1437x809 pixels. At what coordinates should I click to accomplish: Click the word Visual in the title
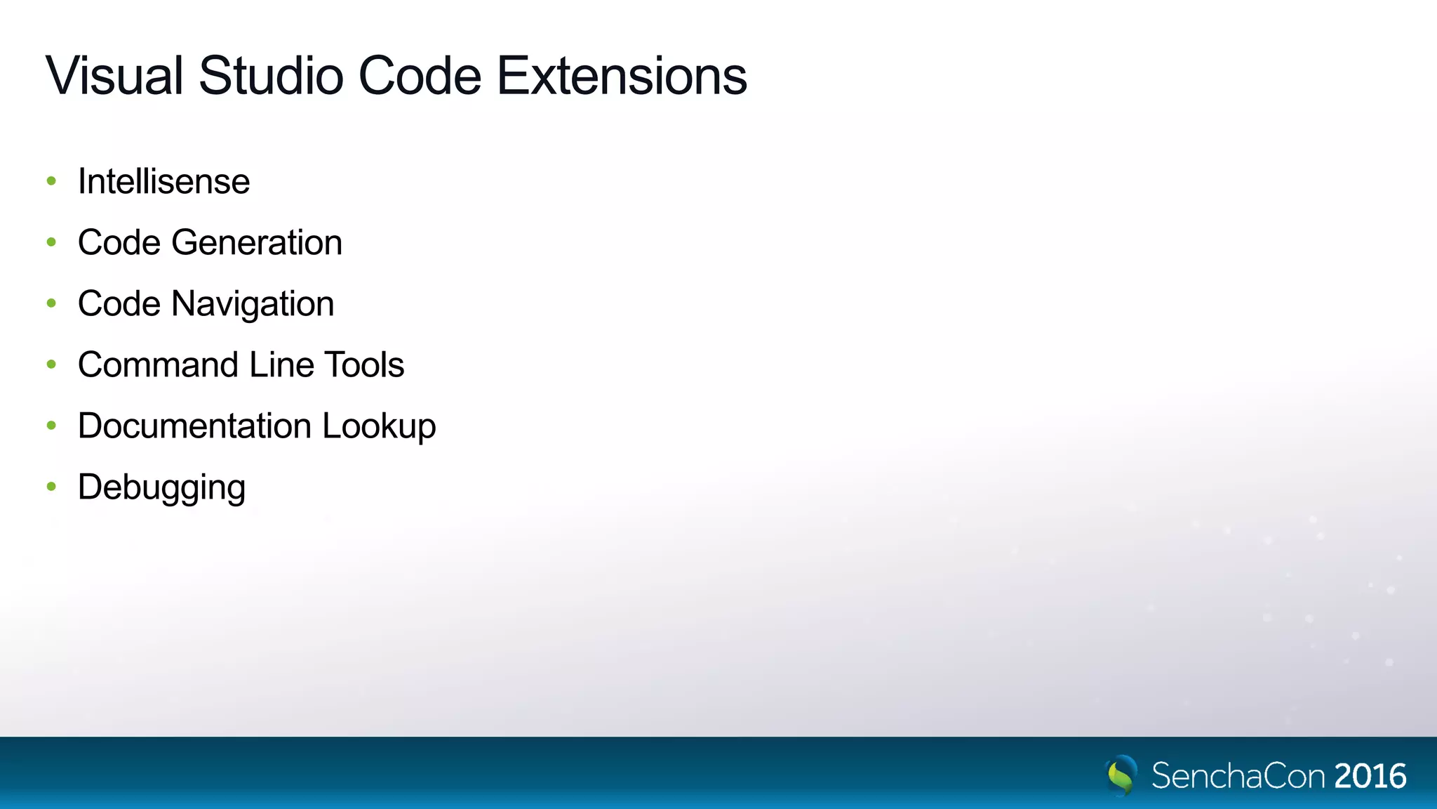point(114,75)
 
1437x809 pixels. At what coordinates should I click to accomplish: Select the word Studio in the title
point(271,75)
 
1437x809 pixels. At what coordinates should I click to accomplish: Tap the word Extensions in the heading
point(622,75)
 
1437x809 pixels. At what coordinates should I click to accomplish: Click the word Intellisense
point(163,181)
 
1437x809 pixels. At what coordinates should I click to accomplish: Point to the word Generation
point(257,242)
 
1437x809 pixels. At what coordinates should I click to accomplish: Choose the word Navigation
point(253,304)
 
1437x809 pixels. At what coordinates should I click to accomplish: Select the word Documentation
point(194,426)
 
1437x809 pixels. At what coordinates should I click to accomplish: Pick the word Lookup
point(379,426)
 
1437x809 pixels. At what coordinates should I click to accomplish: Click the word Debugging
point(161,487)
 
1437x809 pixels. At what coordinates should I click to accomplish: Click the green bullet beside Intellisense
point(51,181)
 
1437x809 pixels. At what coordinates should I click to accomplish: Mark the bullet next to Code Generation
point(51,242)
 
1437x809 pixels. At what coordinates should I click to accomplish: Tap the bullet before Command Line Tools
point(51,364)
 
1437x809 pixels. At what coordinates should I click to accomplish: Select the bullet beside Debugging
point(51,487)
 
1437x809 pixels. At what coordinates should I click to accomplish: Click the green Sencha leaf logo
point(1121,775)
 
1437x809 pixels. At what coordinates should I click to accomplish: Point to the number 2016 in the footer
point(1370,776)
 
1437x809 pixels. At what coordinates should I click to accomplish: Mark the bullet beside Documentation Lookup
point(51,426)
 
